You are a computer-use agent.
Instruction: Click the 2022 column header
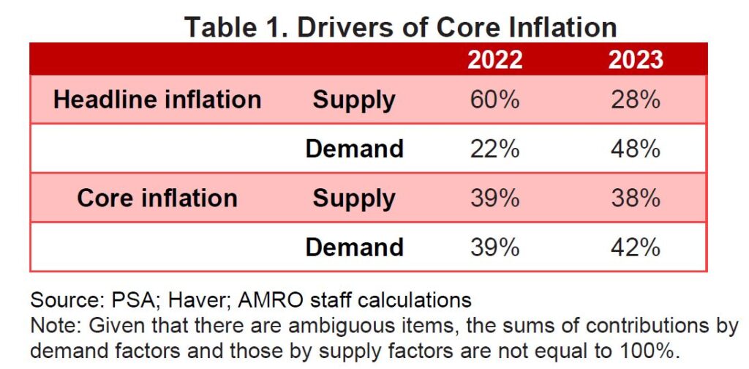coord(495,59)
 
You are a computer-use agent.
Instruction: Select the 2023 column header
coord(635,59)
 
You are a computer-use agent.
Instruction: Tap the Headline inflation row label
coord(157,100)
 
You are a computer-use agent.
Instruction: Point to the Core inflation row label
coord(157,198)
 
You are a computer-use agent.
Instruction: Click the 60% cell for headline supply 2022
coord(495,100)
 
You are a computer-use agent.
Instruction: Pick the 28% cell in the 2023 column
coord(635,100)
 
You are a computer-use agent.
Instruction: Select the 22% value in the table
coord(495,149)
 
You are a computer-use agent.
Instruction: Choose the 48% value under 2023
coord(635,149)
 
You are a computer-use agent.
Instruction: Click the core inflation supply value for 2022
coord(495,198)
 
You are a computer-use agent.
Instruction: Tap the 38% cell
coord(635,198)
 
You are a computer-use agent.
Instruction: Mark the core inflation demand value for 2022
coord(495,247)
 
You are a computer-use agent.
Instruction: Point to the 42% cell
coord(635,247)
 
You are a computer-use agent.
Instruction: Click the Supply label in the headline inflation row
coord(354,100)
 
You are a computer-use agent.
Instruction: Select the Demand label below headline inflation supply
coord(354,149)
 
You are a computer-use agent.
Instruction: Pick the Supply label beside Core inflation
coord(354,198)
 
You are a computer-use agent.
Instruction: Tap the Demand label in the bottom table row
coord(354,247)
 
